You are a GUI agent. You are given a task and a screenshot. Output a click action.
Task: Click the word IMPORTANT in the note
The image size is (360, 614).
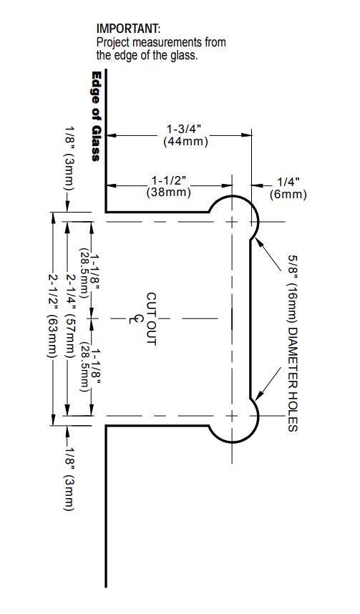pos(128,29)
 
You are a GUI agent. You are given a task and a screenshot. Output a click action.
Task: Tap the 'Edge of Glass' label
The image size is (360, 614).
pos(96,116)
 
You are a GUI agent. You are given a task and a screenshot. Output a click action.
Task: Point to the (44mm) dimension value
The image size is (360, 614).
pos(185,142)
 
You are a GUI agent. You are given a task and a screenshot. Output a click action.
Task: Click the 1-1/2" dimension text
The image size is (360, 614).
pos(169,180)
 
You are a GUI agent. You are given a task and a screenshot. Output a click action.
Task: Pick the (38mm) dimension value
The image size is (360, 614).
pos(169,193)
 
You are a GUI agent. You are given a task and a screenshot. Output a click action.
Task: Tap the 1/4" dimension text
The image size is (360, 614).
pos(288,182)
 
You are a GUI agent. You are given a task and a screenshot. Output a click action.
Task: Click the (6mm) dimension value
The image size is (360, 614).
pos(288,195)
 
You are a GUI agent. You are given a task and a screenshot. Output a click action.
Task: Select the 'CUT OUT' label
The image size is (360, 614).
pos(152,318)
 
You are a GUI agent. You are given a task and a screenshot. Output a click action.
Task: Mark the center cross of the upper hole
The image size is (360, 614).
pos(233,222)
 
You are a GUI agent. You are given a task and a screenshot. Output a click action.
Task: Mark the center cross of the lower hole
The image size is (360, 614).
pos(233,416)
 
